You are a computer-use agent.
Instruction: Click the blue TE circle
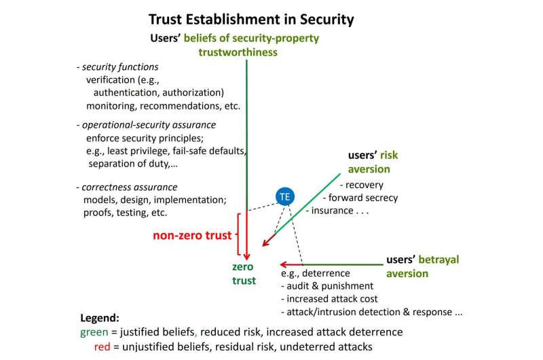click(285, 196)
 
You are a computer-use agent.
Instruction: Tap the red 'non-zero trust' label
click(191, 236)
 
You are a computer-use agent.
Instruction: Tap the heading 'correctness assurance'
click(130, 187)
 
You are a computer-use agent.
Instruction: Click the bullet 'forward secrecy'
click(363, 198)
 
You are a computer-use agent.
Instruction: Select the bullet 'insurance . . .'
click(339, 211)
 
